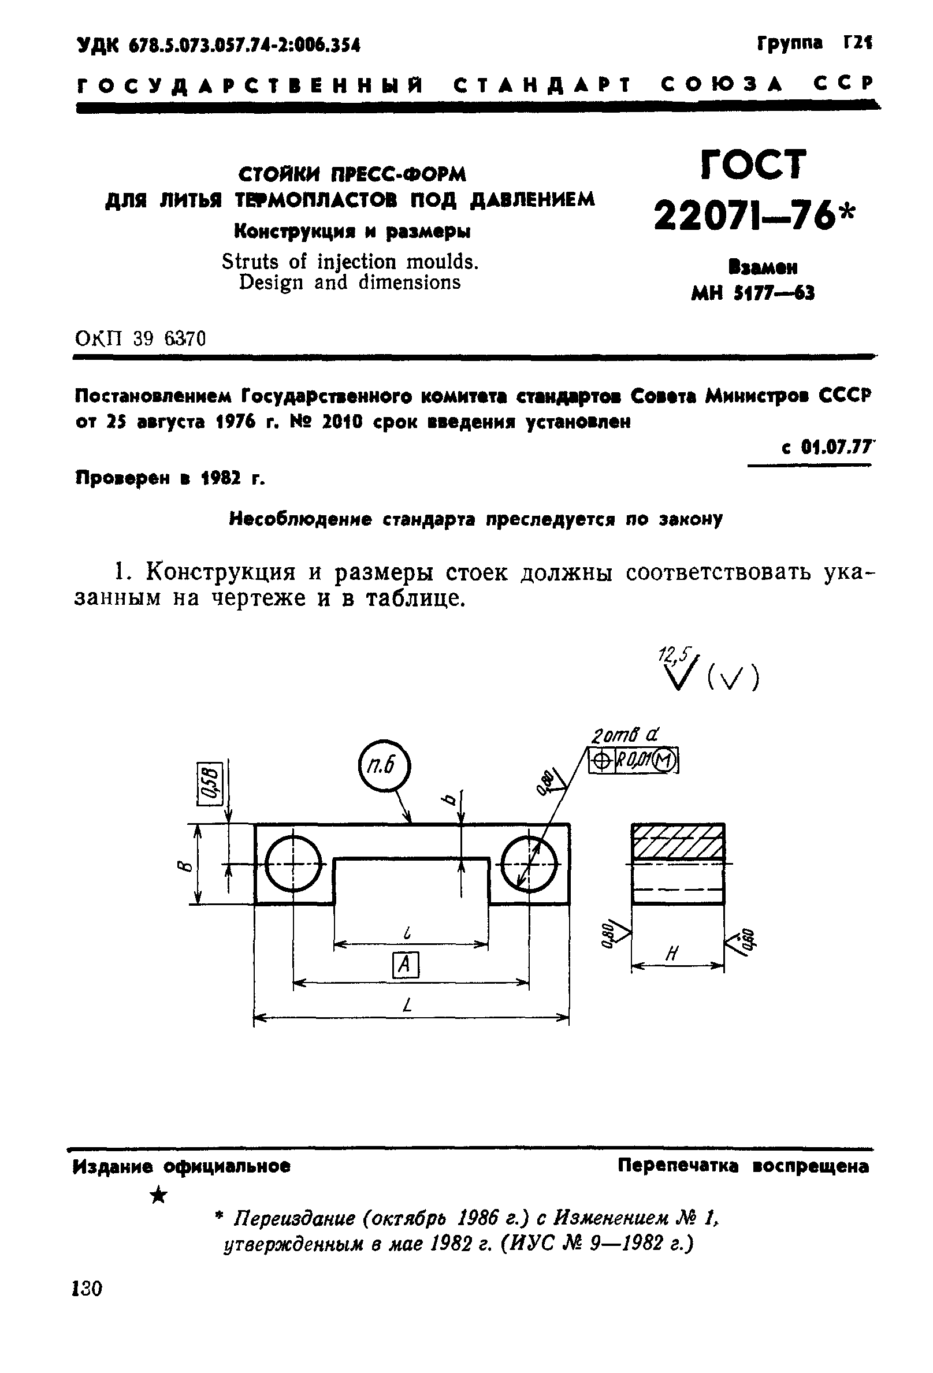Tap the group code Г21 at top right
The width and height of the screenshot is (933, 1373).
pos(857,43)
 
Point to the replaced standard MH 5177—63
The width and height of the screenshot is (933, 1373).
pos(752,293)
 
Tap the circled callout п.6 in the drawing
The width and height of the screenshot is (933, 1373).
pos(384,767)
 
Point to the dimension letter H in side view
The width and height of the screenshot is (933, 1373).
pos(672,952)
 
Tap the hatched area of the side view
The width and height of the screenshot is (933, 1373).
pos(678,842)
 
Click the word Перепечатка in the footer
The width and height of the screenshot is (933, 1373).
pos(678,1166)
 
